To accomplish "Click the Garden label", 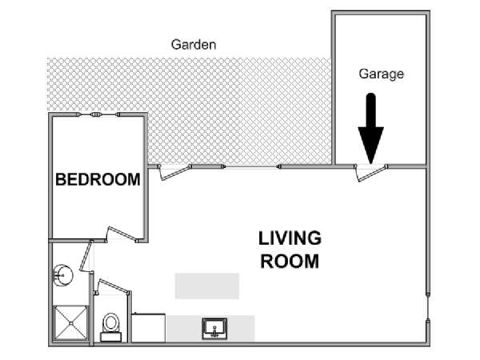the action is [x=194, y=45].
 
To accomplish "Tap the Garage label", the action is [x=381, y=74].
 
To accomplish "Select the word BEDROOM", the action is [x=98, y=179].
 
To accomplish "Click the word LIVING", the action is [x=290, y=238].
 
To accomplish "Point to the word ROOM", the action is [x=290, y=262].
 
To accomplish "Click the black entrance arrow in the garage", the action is [x=370, y=129].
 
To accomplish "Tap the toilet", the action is [x=111, y=327].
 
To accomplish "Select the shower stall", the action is [x=70, y=323].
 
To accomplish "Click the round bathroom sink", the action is [x=62, y=275].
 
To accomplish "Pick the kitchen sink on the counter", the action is [x=214, y=329].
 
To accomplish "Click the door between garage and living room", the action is [x=370, y=173].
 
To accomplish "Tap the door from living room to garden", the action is [x=174, y=172].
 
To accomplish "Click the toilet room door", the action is [x=113, y=287].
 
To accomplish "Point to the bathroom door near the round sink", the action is [x=86, y=256].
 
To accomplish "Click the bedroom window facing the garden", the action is [x=98, y=114].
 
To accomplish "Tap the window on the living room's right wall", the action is [x=428, y=309].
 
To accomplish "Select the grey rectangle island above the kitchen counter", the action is [x=207, y=286].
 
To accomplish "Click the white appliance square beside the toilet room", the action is [x=149, y=328].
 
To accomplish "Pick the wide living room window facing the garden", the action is [x=251, y=167].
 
